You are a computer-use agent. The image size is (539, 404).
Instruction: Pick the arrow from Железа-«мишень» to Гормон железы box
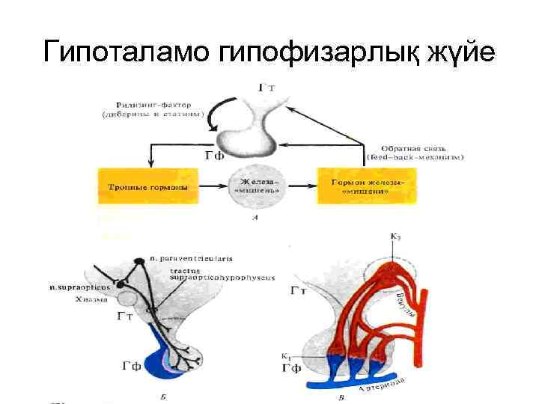tap(299, 186)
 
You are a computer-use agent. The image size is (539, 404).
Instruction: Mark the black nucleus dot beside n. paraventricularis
tap(139, 261)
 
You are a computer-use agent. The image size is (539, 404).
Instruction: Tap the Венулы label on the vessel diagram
tap(404, 304)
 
